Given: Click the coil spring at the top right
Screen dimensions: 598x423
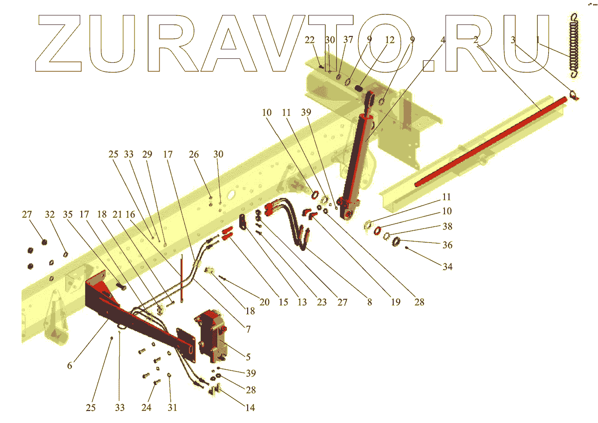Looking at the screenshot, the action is click(576, 45).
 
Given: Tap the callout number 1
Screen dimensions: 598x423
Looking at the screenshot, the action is click(538, 40).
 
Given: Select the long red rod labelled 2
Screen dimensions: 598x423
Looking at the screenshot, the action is click(491, 139).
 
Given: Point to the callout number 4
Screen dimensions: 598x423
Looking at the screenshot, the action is click(443, 40).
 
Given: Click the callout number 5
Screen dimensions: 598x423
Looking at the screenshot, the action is click(248, 357).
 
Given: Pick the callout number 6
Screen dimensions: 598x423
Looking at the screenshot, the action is click(70, 366).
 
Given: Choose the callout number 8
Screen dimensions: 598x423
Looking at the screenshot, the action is click(369, 302).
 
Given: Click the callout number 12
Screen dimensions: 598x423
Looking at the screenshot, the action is click(389, 40).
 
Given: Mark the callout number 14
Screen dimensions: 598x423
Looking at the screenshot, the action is click(250, 408).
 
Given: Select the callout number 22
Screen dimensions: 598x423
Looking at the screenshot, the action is click(309, 40).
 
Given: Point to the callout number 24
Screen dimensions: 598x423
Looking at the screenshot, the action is click(146, 408).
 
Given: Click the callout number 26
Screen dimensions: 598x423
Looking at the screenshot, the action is click(193, 155).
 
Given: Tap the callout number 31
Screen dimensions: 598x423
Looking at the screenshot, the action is click(172, 408).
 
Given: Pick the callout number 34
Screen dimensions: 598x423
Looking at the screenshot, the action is click(448, 267).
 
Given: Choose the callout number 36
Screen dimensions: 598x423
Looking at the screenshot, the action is click(448, 245).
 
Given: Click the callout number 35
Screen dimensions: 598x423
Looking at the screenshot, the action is click(67, 214).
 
